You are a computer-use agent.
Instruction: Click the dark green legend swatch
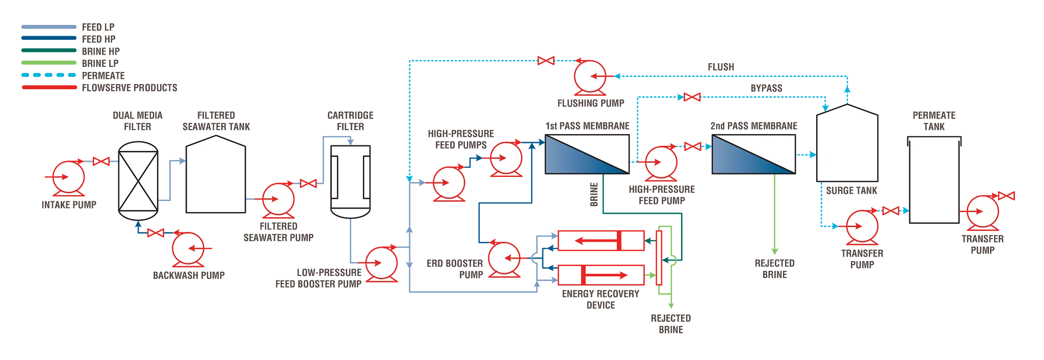[x=51, y=49]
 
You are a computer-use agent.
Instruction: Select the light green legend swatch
[x=51, y=61]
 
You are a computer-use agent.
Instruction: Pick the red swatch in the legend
[x=51, y=86]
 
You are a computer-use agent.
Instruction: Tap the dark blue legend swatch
[x=51, y=37]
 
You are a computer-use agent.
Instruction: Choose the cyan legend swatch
[x=51, y=73]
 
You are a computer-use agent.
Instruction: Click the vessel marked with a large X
[x=138, y=181]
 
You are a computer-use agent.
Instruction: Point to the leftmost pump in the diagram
[x=69, y=177]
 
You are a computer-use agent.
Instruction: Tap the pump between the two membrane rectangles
[x=661, y=163]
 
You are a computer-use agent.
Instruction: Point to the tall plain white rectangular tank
[x=934, y=181]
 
